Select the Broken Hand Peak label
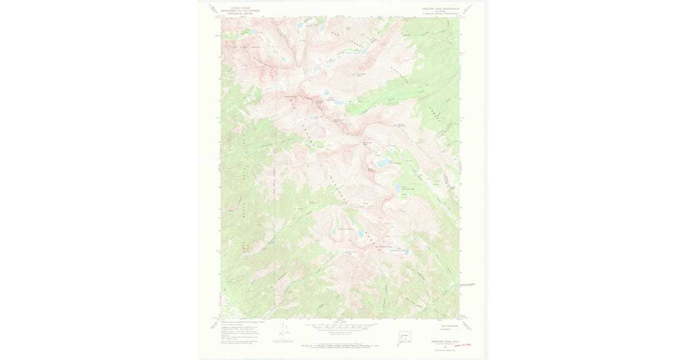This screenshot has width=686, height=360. click(x=338, y=120)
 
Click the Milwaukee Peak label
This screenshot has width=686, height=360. click(x=368, y=143)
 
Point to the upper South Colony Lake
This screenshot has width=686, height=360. click(x=328, y=91)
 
